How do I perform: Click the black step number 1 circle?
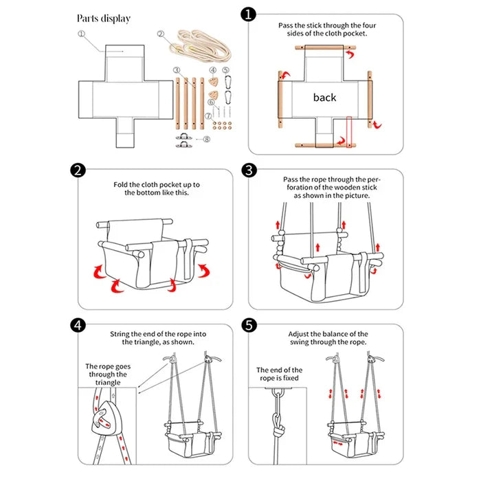point(248,14)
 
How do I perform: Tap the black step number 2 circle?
point(78,170)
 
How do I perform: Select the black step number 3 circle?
point(249,170)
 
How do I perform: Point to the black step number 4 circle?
point(78,325)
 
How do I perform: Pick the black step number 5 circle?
point(249,325)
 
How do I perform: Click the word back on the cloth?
point(324,98)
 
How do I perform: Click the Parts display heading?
point(104,19)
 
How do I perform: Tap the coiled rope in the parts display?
point(200,45)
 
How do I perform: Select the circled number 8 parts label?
point(207,139)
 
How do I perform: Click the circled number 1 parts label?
point(81,34)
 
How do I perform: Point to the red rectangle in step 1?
point(349,132)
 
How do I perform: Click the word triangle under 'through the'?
point(108,383)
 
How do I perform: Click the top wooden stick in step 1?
point(326,47)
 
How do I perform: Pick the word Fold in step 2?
point(120,185)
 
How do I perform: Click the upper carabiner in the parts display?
point(227,82)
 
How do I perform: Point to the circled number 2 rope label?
point(160,34)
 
